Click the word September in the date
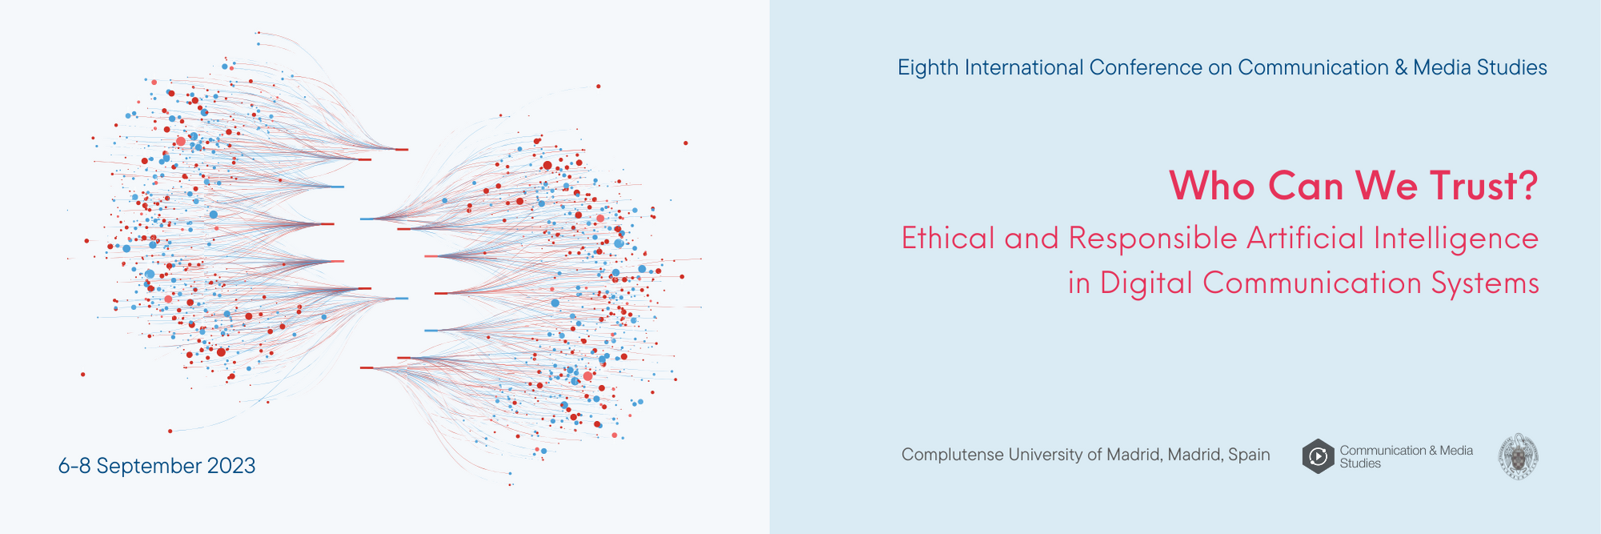[x=149, y=467]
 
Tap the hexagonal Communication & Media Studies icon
[x=1318, y=456]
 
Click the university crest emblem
[x=1519, y=456]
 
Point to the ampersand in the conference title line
[x=1401, y=68]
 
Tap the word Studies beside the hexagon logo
[x=1360, y=464]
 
